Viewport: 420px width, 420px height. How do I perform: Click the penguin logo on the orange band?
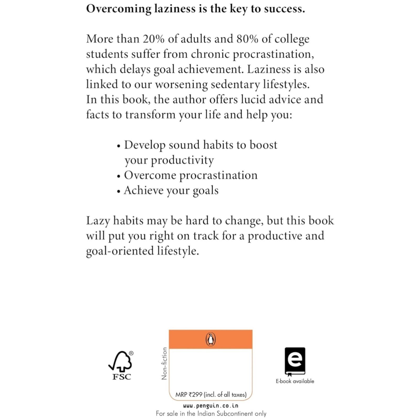point(210,339)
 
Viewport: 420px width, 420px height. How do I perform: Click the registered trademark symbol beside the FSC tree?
point(131,353)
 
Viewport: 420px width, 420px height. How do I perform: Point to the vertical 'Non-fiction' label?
point(164,364)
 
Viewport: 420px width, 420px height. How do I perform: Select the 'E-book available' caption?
point(295,381)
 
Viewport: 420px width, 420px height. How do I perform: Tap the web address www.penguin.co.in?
point(211,406)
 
